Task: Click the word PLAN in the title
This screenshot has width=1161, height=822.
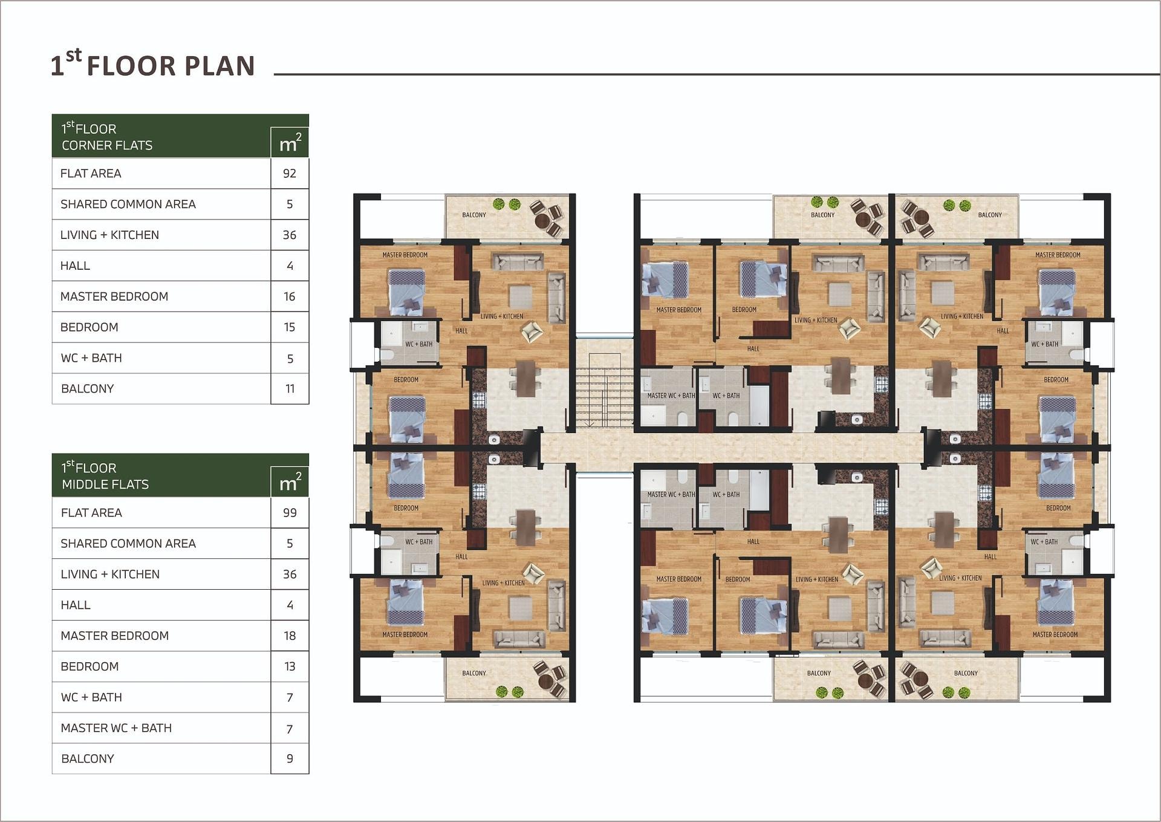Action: [220, 66]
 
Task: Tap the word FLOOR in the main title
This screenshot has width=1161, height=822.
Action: [131, 66]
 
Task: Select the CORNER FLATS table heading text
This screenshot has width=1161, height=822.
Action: [107, 145]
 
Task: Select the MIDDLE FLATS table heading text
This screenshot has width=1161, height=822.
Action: [105, 484]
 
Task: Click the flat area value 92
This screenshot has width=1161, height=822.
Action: [290, 174]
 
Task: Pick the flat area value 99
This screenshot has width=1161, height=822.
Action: [290, 513]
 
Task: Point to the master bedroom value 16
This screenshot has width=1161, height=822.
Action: [290, 296]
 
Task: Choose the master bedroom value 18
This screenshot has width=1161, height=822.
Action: [290, 636]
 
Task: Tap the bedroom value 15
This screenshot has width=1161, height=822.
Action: [290, 327]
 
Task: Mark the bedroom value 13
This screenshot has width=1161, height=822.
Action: [290, 667]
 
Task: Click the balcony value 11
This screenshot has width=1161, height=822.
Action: [290, 389]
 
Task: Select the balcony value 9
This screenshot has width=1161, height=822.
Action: [290, 758]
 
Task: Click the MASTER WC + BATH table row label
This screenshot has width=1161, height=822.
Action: [116, 728]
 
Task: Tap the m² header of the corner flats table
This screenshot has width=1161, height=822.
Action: [290, 143]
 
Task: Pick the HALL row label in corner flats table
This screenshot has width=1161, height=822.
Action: [75, 266]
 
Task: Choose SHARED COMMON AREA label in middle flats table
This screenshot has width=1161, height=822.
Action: [128, 544]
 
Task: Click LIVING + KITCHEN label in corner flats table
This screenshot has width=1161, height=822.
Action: [109, 235]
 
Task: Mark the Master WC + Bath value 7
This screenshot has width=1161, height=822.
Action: [290, 728]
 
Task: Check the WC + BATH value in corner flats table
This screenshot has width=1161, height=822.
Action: [290, 359]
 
